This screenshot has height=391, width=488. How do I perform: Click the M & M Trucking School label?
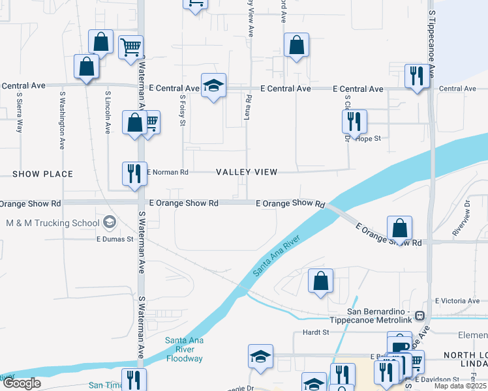coord(52,223)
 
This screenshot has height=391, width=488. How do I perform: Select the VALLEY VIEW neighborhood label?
coord(247,172)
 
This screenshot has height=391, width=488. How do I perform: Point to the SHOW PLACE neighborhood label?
coord(42,174)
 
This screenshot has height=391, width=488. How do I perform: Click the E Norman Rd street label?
coord(168,172)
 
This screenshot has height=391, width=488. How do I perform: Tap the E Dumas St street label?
coord(115,239)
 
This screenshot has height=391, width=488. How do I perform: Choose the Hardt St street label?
coord(315,332)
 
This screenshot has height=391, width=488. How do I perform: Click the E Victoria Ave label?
coord(457,301)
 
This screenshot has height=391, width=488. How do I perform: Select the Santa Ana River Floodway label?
coord(185,349)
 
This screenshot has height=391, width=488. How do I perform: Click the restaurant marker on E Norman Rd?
coord(134,174)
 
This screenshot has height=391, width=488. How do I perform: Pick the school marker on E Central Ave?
coord(213,85)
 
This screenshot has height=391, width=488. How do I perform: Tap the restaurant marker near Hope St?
coord(354,121)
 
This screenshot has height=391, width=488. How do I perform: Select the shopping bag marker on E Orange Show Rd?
coord(399,228)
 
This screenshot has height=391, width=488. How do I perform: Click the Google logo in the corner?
coord(22,384)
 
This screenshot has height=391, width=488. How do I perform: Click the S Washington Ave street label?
coord(63,120)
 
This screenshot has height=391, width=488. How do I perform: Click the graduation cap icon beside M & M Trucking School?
coord(110,223)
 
